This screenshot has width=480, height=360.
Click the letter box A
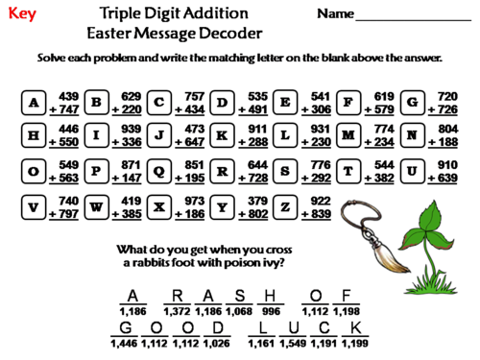point(34,103)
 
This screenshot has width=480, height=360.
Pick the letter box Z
point(285,206)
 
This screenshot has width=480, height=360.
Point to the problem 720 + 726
point(445,103)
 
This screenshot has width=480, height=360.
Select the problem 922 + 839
point(317,206)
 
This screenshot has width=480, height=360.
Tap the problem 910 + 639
point(445,172)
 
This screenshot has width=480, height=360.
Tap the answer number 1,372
point(178,312)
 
